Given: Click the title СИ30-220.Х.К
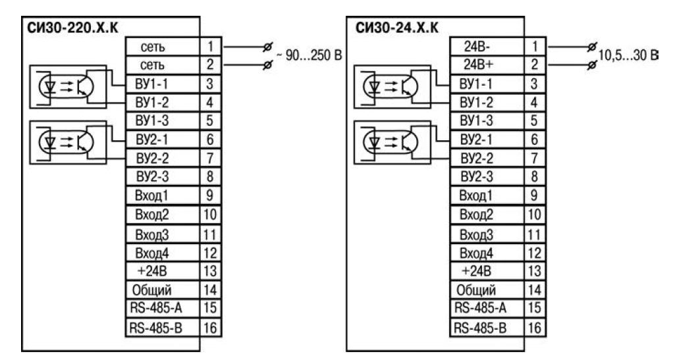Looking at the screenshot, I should [68, 28].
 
